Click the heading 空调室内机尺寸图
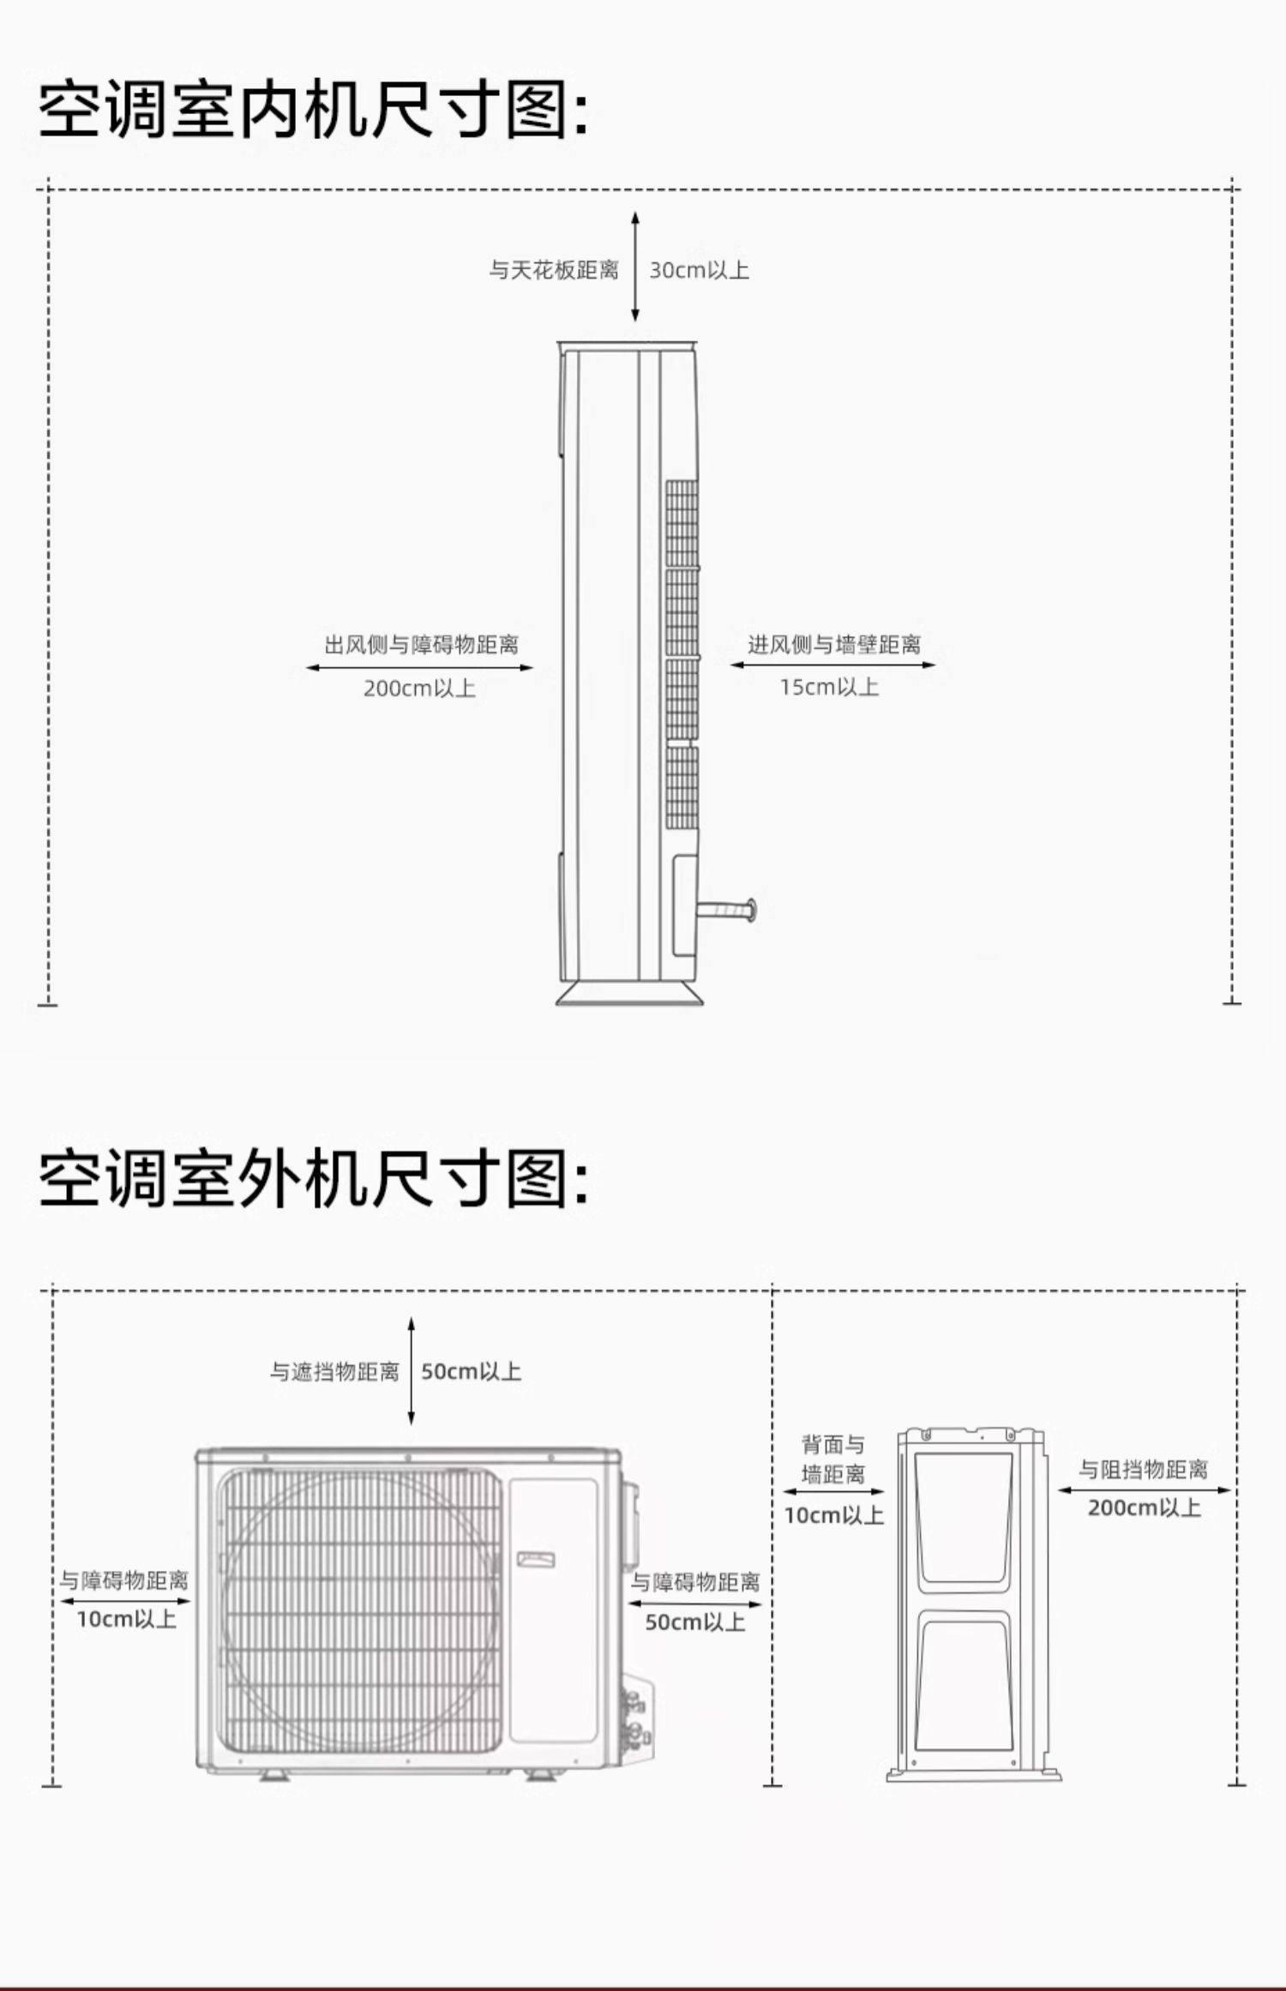(314, 110)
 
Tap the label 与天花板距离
(554, 270)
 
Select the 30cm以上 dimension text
(699, 270)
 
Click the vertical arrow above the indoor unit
(635, 267)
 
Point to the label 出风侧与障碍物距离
(421, 645)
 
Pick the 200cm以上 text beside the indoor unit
(419, 689)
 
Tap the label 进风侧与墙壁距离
(833, 644)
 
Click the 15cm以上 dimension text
(829, 687)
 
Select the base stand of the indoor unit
(629, 994)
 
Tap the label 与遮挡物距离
(334, 1372)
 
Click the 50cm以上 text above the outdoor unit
(471, 1371)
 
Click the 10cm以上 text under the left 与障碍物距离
(126, 1619)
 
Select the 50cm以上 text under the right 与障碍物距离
(694, 1622)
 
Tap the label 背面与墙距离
(832, 1459)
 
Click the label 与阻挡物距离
(1143, 1470)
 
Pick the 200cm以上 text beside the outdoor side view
(1144, 1507)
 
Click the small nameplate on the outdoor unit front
(536, 1559)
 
